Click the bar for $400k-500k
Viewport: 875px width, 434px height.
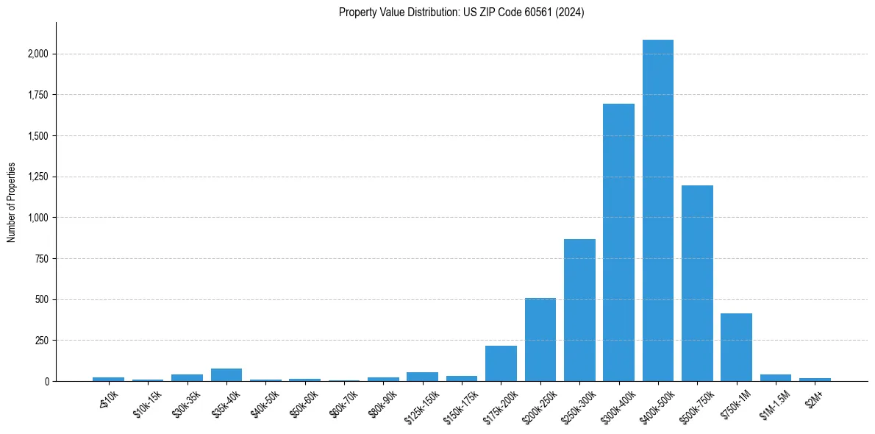(657, 210)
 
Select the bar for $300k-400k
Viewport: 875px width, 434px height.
(618, 243)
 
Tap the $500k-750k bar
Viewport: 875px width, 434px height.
(697, 283)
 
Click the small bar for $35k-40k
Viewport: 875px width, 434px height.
(226, 374)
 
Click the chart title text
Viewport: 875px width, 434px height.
(461, 12)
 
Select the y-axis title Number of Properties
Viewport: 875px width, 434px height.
(12, 202)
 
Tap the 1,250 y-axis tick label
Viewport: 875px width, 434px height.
(37, 177)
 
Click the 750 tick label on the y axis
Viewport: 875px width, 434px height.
(41, 258)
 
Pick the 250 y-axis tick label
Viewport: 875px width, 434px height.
(41, 341)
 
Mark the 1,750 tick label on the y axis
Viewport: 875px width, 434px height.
(37, 95)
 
